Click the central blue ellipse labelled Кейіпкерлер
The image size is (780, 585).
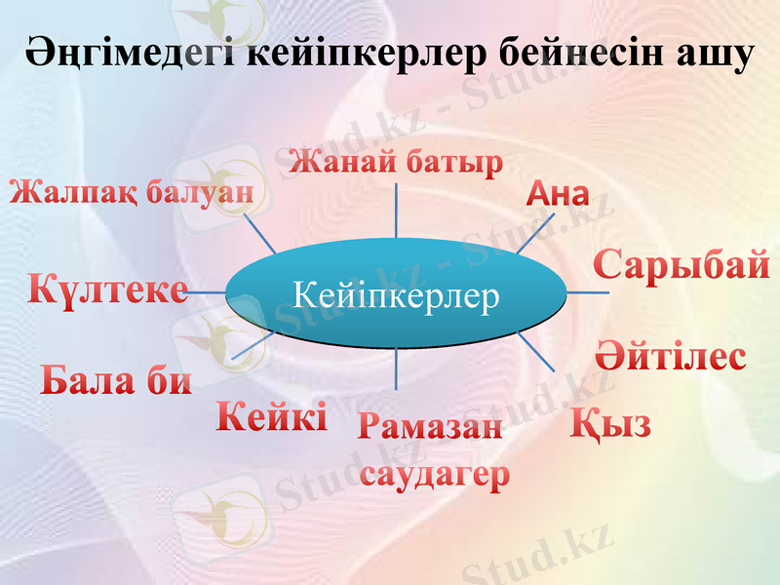[x=396, y=292]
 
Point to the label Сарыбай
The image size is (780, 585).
[x=682, y=265]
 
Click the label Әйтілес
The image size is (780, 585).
[x=671, y=356]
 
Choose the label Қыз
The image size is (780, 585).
[x=610, y=424]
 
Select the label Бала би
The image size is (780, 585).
[x=116, y=379]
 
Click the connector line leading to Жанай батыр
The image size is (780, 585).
[x=396, y=210]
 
